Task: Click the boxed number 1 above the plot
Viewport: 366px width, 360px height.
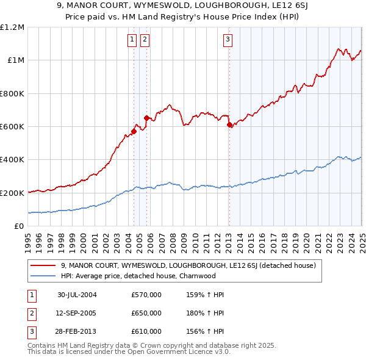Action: [x=132, y=40]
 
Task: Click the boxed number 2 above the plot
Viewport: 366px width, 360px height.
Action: [x=145, y=40]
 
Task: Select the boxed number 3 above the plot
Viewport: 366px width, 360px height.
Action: [x=228, y=40]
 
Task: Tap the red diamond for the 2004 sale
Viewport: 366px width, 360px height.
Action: [x=134, y=131]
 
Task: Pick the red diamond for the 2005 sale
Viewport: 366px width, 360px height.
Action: [x=146, y=118]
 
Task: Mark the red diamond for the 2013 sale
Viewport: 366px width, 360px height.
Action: [x=229, y=124]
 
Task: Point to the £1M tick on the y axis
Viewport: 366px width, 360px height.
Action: [x=16, y=60]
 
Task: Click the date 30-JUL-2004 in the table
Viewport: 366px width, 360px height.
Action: [x=77, y=295]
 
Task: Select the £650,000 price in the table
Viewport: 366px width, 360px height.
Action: [x=146, y=313]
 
